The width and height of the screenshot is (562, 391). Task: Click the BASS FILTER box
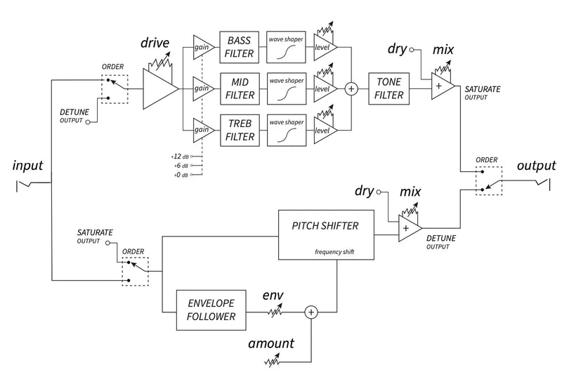[239, 48]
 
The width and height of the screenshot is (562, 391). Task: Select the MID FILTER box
[239, 89]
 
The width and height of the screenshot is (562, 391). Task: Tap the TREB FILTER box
[239, 130]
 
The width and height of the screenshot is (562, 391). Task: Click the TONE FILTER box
[388, 89]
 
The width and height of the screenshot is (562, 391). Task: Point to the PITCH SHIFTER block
[325, 234]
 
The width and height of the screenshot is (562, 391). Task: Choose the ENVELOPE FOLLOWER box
[210, 310]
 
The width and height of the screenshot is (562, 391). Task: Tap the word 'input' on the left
[28, 166]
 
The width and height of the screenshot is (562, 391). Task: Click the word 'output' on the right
[535, 166]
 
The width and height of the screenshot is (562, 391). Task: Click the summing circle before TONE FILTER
[351, 89]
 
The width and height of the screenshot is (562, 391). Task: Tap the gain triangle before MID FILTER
[202, 89]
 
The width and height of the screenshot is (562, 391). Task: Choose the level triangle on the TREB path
[325, 130]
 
